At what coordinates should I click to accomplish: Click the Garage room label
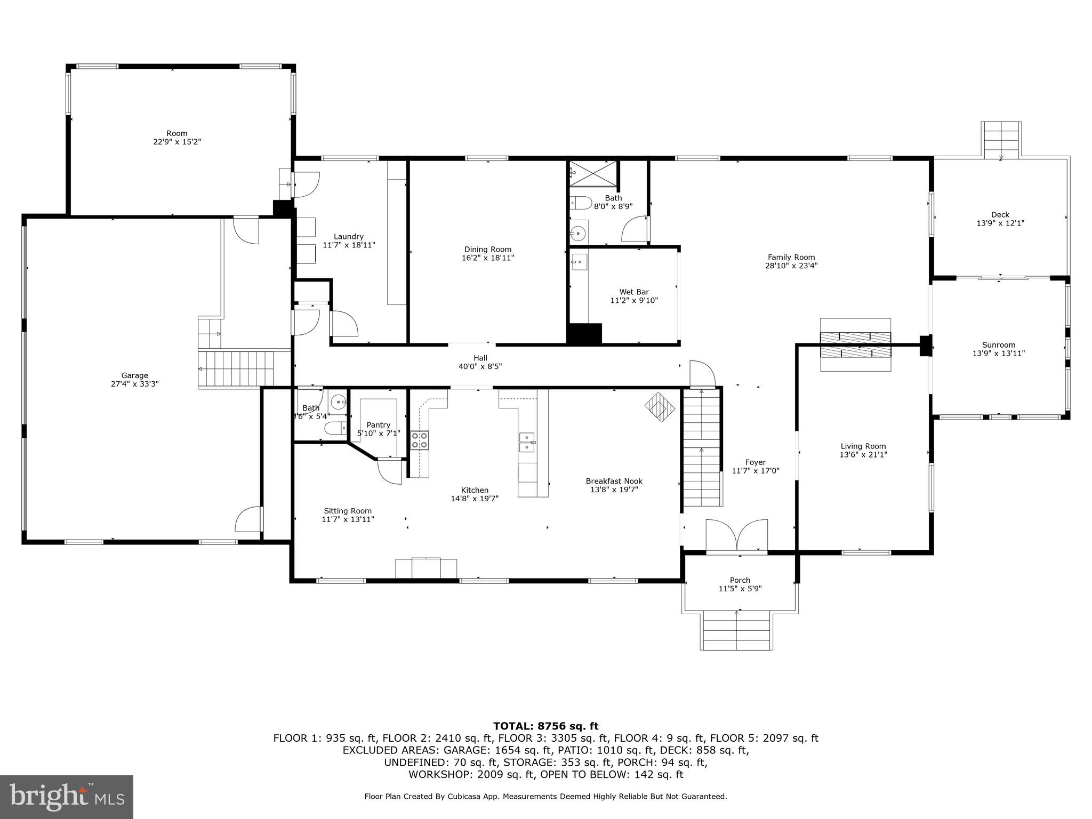(134, 375)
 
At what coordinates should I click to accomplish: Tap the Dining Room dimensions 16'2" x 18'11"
(487, 258)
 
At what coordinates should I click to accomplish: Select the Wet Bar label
(634, 292)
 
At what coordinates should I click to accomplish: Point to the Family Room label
(791, 257)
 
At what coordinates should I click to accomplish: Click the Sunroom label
(999, 344)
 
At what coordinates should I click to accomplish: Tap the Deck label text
(1000, 215)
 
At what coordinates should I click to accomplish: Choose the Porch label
(740, 580)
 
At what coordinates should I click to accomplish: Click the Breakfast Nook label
(614, 481)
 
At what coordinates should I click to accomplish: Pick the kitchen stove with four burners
(420, 440)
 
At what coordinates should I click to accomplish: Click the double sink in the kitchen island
(527, 442)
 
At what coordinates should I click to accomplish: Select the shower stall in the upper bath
(593, 173)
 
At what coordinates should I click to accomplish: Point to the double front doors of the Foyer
(736, 535)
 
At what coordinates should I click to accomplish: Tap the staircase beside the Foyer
(702, 448)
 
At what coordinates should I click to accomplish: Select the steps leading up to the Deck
(1001, 139)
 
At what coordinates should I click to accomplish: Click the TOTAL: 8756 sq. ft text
(545, 726)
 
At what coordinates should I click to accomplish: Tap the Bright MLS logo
(67, 797)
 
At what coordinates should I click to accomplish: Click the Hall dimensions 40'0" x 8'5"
(480, 367)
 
